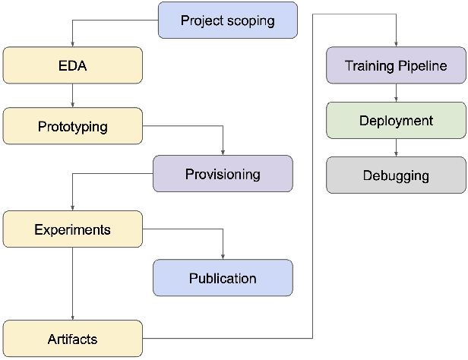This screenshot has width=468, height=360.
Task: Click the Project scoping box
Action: (227, 21)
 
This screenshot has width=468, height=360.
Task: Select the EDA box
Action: (72, 65)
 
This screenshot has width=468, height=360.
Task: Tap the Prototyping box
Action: (72, 126)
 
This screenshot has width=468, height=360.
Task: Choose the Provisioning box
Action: (223, 174)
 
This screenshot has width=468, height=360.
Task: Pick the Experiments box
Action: (72, 229)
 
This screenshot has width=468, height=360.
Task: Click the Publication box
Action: (223, 278)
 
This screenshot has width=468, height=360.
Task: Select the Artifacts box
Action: (72, 339)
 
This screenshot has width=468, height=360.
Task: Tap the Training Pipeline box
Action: (396, 65)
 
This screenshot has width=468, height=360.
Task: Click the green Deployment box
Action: (396, 121)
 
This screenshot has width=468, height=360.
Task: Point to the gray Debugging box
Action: (396, 175)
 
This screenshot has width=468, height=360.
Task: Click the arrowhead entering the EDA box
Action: (72, 44)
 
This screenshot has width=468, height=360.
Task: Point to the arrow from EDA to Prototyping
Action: (72, 96)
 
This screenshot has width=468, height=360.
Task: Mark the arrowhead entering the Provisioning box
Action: (223, 152)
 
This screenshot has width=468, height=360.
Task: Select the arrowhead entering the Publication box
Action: (223, 256)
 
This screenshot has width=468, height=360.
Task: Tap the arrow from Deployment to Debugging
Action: (396, 148)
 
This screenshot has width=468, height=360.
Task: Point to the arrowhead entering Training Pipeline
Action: (396, 44)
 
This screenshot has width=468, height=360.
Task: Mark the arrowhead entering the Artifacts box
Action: (72, 317)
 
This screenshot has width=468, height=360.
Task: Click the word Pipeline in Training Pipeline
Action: (426, 66)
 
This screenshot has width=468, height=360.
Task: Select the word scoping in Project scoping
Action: (251, 21)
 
